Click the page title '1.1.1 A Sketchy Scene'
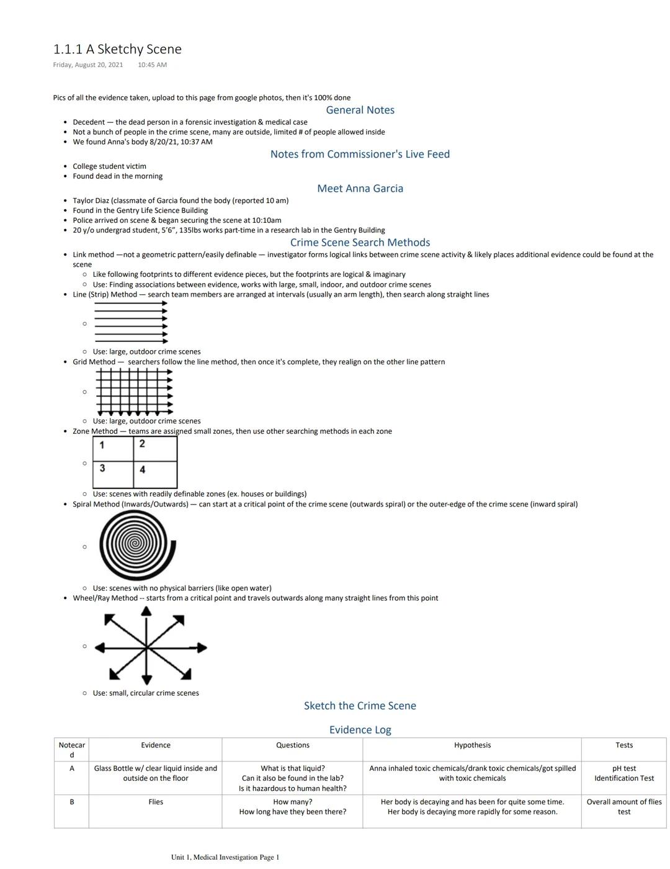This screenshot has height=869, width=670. coord(117,49)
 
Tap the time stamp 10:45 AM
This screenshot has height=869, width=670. coord(152,65)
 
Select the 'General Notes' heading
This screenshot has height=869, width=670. coord(360,110)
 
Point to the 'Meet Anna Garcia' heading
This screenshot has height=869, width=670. coord(360,189)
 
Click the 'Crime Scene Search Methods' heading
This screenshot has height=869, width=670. coord(360,243)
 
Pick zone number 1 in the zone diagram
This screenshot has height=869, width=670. coord(102,445)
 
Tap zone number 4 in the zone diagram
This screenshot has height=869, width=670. coord(143,470)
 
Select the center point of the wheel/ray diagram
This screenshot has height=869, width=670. coord(146,647)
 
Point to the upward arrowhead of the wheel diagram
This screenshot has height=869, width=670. coord(146,611)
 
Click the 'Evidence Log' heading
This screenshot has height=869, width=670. coord(360,730)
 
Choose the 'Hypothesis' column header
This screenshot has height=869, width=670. coord(472,745)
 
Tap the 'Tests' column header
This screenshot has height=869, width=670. coord(624,745)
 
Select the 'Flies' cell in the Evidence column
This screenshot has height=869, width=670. coord(156,802)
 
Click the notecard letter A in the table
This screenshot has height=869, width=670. coord(72,768)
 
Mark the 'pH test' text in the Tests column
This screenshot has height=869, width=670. coord(624,768)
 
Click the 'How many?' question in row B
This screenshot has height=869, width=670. coord(293,802)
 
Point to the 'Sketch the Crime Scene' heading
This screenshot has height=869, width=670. coord(360,706)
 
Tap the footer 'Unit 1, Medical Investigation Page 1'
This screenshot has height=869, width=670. coord(225,857)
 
